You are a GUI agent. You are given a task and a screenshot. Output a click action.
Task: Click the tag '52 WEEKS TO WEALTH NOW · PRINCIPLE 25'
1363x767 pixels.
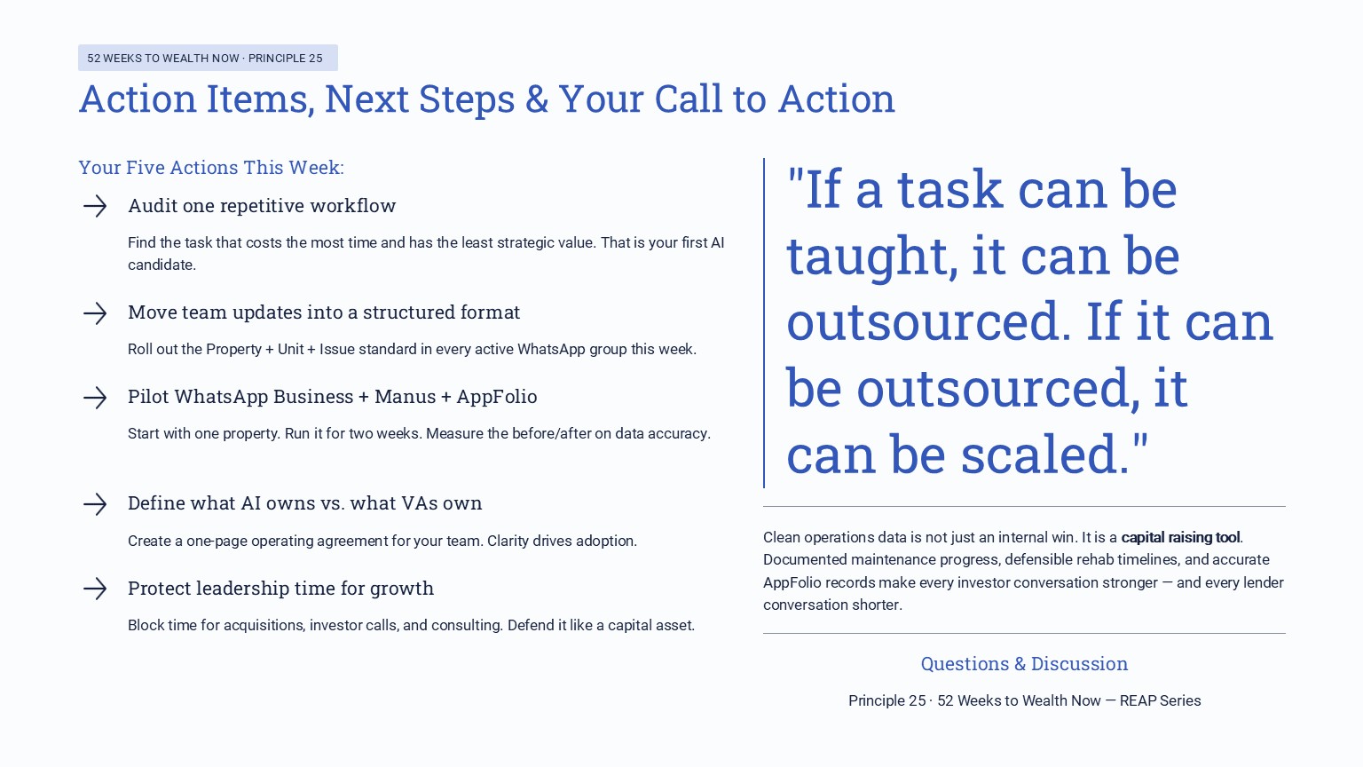tap(208, 58)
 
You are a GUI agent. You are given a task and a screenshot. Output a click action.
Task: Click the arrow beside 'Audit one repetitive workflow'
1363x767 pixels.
tap(95, 206)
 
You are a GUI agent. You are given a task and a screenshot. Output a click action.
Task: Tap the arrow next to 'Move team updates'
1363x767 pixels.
tap(95, 312)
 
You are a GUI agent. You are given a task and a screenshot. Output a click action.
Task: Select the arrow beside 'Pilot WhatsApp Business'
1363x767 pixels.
tap(95, 397)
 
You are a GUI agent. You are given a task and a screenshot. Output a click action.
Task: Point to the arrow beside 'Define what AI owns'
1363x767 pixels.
tap(95, 504)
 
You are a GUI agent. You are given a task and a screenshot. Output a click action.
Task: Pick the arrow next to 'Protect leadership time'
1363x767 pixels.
tap(95, 589)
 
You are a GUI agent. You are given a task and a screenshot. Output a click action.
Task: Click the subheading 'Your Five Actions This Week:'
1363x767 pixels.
tap(211, 167)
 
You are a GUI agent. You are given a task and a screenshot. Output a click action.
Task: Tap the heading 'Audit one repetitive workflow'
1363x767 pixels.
tap(262, 206)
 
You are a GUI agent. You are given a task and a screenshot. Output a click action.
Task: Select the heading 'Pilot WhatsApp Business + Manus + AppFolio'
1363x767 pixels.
tap(332, 397)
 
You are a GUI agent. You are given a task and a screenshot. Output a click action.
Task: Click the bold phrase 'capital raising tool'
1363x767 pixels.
tap(1180, 537)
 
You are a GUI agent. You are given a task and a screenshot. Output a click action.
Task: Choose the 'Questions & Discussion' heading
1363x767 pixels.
tap(1024, 664)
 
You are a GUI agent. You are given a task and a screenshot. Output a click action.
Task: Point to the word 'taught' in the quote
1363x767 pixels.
tap(871, 257)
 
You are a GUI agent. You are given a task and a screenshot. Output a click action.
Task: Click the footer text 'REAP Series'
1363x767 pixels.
tap(1160, 700)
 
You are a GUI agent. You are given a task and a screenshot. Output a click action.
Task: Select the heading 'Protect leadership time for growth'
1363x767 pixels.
tap(280, 589)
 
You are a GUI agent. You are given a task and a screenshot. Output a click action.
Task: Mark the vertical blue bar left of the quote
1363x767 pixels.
tap(764, 323)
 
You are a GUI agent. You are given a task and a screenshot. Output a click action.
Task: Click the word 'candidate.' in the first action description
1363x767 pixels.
tap(162, 265)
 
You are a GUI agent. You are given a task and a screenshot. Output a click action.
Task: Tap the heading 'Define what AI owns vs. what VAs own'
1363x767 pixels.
tap(304, 503)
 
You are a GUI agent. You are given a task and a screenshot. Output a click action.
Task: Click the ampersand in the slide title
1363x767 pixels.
tap(537, 99)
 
